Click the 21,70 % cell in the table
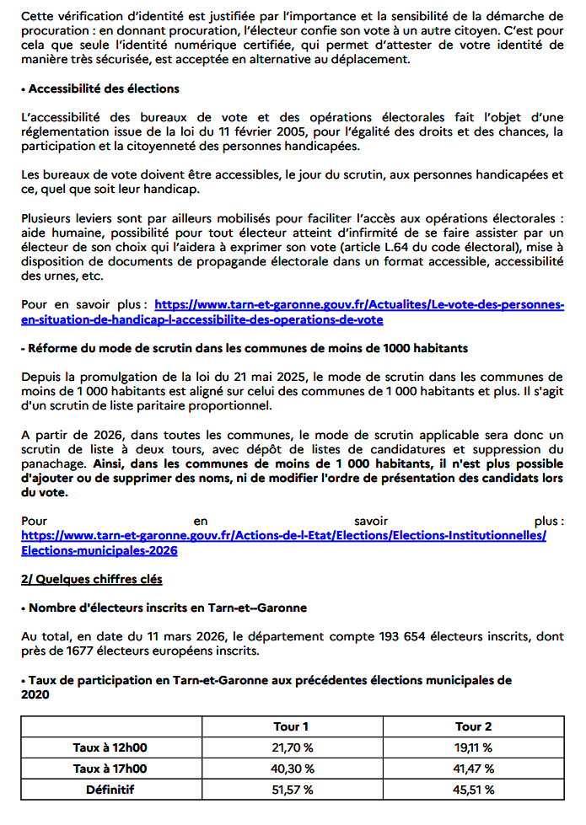point(292,747)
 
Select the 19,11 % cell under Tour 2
point(473,747)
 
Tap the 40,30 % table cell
point(292,769)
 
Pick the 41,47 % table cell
point(473,769)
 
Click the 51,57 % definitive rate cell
point(292,790)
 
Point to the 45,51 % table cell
point(473,790)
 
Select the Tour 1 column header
point(292,726)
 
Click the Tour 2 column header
point(473,726)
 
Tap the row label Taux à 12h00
point(110,747)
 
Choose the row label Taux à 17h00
point(110,769)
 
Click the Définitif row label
point(110,790)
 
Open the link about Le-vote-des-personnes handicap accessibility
point(359,304)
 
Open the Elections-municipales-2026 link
point(99,551)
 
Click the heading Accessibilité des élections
point(104,88)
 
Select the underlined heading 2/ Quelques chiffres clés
point(91,580)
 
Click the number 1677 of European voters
point(73,650)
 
